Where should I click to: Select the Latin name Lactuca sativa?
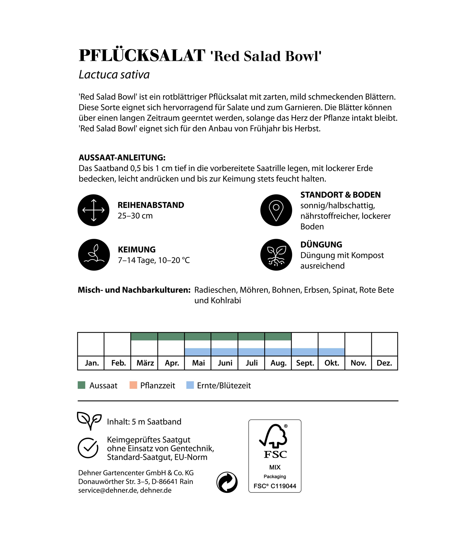coord(114,75)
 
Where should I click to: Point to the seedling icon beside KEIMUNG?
coord(94,255)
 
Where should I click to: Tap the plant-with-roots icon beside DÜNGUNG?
coord(276,255)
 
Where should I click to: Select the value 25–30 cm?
coord(135,216)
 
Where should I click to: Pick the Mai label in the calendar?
coord(198,363)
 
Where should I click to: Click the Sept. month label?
coord(305,363)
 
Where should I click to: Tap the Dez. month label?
coord(384,363)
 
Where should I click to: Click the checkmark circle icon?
coord(88,448)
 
